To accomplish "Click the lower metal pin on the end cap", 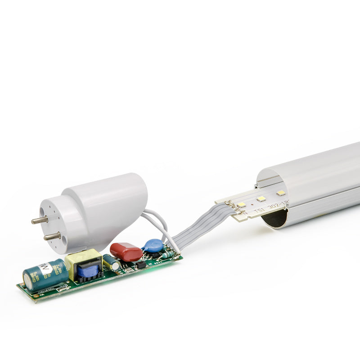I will coord(52,235).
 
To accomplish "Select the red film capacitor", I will coord(126,252).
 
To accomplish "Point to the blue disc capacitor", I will coord(153,246).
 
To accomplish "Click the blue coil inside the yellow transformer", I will coord(88,271).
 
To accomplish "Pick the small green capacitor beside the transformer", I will coord(110,262).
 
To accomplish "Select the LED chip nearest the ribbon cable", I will coord(241,204).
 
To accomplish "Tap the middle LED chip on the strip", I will coord(261,198).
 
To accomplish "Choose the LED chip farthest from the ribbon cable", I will coord(281,193).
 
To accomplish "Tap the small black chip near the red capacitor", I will coord(140,265).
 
